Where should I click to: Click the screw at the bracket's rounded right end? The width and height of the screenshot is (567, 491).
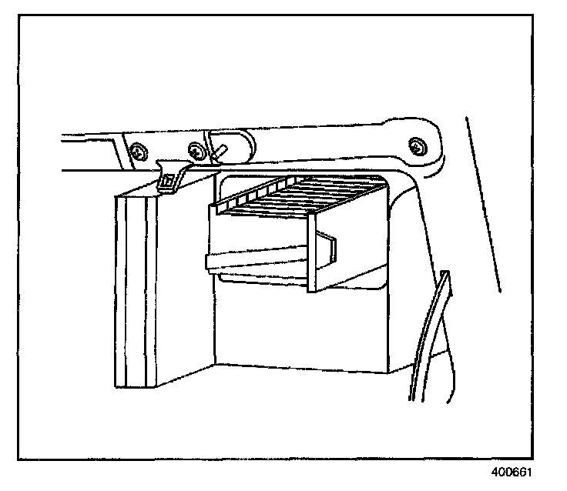pyautogui.click(x=417, y=144)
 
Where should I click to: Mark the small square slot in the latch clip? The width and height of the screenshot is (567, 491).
pyautogui.click(x=165, y=182)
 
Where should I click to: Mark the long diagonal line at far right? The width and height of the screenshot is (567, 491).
pyautogui.click(x=483, y=204)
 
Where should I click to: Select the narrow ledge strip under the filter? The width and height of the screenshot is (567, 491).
pyautogui.click(x=254, y=262)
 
